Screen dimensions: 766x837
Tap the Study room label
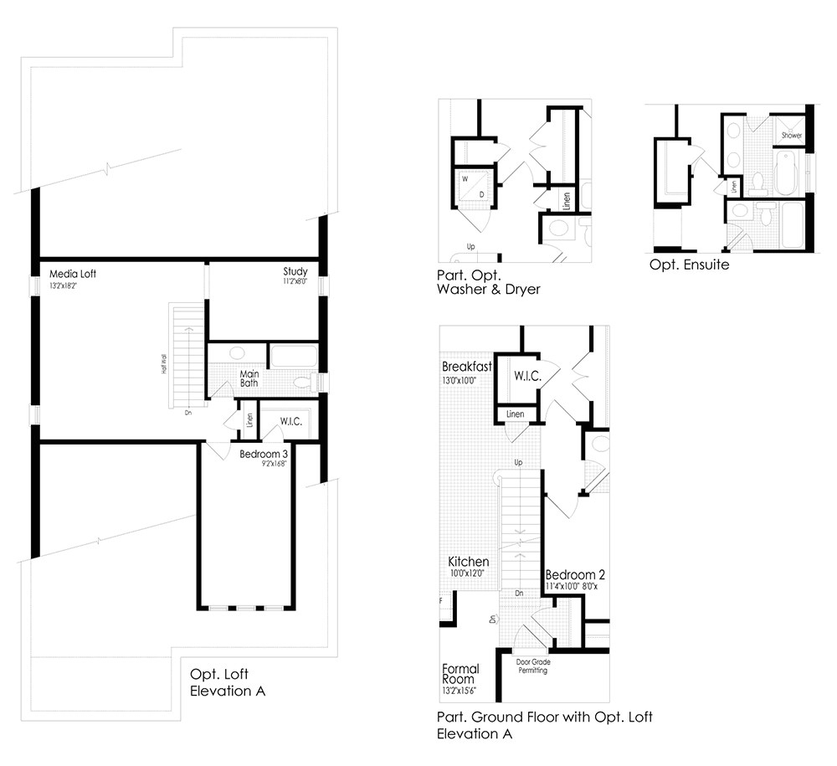click(295, 271)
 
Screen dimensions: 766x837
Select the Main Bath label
click(249, 378)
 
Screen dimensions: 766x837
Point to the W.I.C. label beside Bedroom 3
click(290, 421)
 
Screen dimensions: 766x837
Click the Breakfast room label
click(467, 367)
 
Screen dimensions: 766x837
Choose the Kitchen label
click(468, 561)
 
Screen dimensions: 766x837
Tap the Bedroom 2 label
click(575, 575)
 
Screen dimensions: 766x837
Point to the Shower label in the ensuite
click(791, 135)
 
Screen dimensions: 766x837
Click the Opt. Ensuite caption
click(689, 265)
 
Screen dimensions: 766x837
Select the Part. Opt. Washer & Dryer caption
click(487, 283)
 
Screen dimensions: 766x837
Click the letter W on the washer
click(464, 177)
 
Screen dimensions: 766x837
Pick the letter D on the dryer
click(482, 194)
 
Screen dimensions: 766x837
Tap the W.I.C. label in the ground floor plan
click(527, 378)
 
